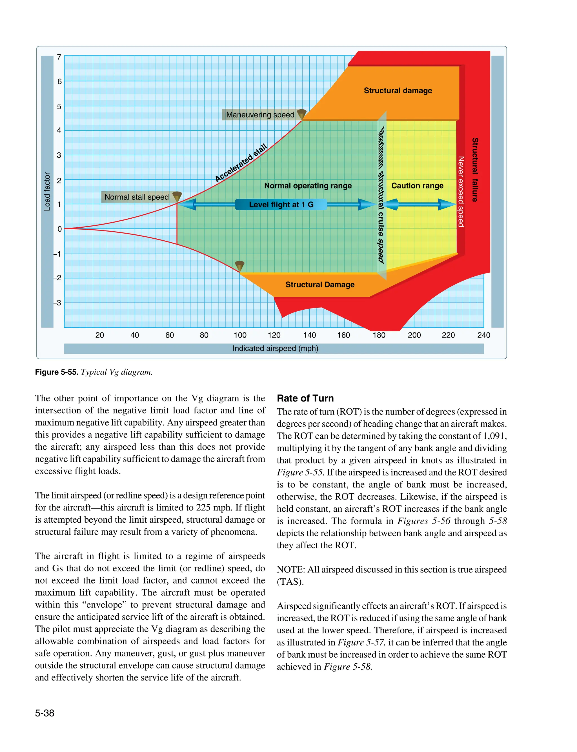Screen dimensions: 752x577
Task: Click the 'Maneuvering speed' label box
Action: (x=260, y=115)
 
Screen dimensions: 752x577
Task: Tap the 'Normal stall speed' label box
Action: (x=136, y=197)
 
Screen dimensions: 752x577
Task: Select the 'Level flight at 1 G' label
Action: (x=281, y=205)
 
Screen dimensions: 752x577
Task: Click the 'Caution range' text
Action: (x=417, y=186)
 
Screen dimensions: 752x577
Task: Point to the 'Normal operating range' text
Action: (x=308, y=186)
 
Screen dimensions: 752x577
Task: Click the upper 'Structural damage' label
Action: (x=398, y=91)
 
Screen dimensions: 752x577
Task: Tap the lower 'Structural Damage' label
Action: (x=320, y=285)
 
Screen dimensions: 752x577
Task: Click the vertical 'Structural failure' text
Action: (x=475, y=170)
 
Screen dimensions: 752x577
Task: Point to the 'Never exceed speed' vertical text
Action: (x=461, y=192)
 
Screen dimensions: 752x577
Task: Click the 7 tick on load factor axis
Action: (x=59, y=57)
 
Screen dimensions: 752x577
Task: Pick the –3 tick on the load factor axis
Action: (x=57, y=303)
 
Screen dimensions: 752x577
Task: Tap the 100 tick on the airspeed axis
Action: (x=240, y=335)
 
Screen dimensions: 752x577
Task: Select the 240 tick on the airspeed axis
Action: (x=483, y=335)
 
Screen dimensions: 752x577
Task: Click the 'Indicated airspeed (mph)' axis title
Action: (x=275, y=349)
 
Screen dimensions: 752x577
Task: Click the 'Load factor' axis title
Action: (x=47, y=192)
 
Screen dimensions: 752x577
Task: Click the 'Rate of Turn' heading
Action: (x=305, y=398)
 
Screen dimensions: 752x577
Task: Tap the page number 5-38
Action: (x=45, y=713)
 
